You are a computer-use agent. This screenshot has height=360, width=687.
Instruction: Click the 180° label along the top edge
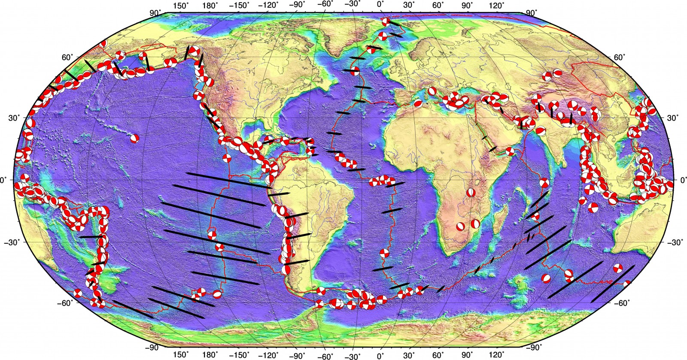click(211, 6)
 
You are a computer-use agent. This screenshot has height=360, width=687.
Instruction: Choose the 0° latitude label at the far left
click(5, 180)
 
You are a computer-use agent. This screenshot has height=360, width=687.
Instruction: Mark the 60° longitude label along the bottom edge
click(438, 355)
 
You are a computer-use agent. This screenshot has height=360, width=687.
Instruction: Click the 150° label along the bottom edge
click(181, 355)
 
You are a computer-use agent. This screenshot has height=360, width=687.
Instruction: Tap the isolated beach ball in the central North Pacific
click(134, 138)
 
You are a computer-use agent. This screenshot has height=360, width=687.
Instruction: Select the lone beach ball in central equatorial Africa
click(471, 193)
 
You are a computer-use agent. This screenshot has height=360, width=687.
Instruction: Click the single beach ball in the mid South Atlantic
click(384, 254)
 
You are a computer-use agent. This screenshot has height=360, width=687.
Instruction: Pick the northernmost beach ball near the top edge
click(386, 22)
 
